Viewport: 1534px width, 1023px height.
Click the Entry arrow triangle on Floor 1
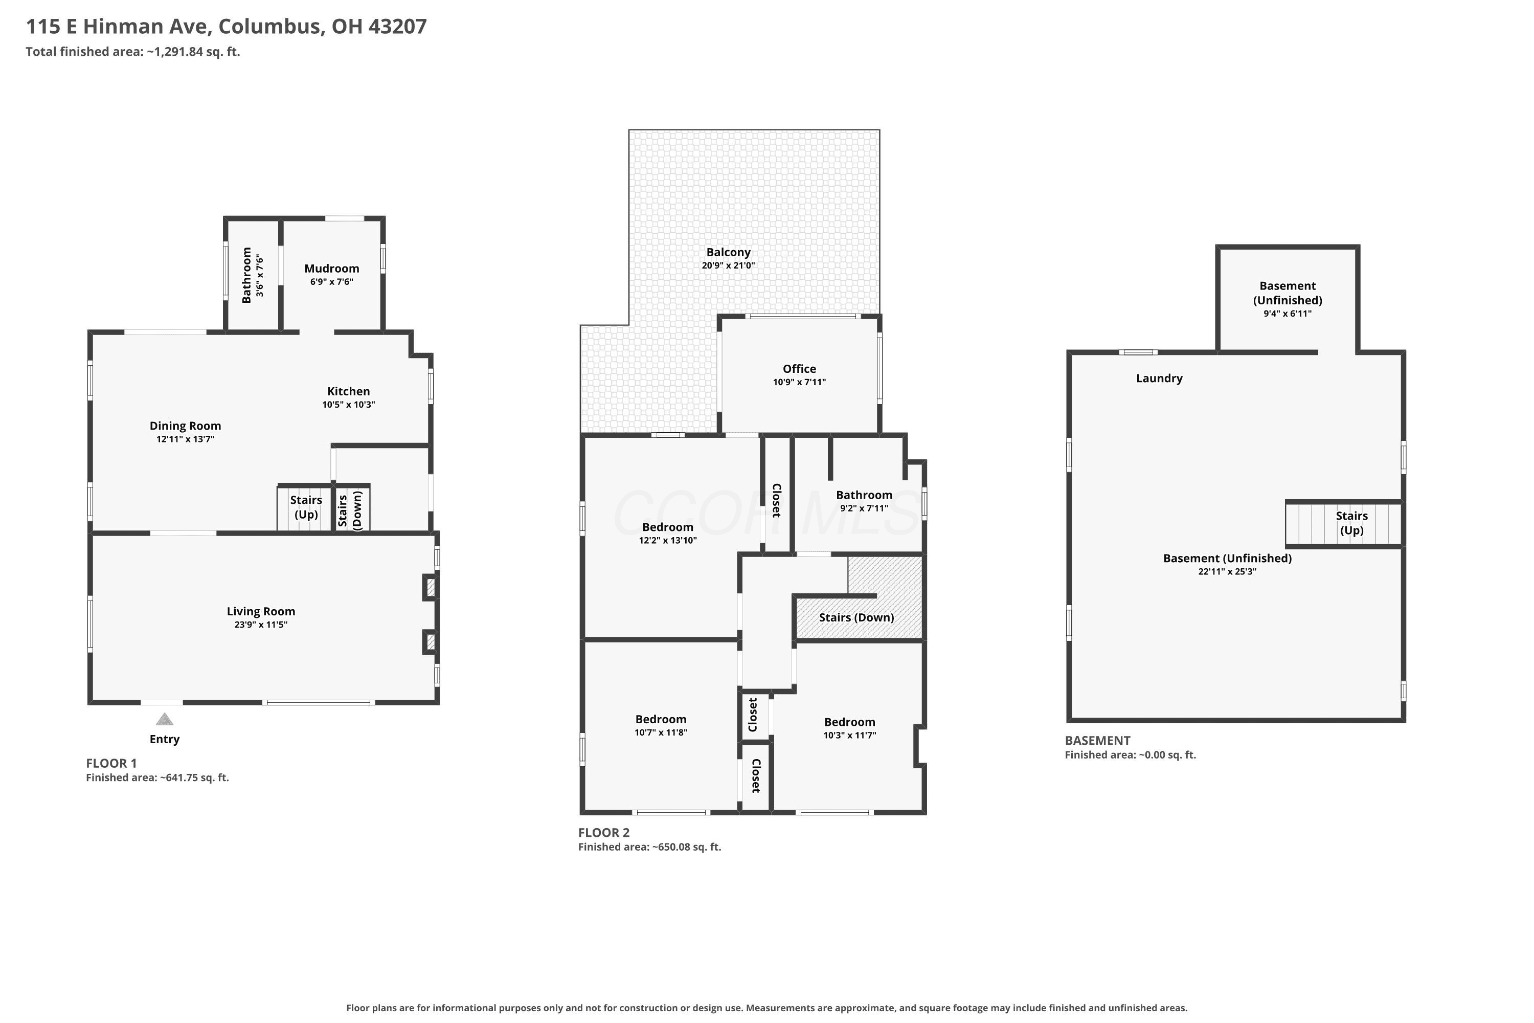click(x=164, y=719)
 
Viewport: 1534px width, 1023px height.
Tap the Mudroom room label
click(x=331, y=268)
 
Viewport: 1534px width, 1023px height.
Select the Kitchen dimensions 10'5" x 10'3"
click(x=348, y=405)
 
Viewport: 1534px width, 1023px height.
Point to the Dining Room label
click(x=185, y=426)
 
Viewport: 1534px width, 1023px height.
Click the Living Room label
click(x=261, y=611)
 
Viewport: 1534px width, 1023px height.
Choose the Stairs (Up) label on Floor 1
click(x=306, y=507)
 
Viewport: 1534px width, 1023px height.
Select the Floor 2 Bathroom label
click(x=864, y=495)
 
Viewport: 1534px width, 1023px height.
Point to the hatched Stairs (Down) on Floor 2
click(x=856, y=617)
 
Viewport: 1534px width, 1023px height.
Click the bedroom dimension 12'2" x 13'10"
click(x=668, y=540)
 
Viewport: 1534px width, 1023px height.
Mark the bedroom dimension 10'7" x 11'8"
click(x=661, y=732)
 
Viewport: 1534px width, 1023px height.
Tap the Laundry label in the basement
click(x=1159, y=379)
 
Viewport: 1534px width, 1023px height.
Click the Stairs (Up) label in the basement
click(x=1351, y=523)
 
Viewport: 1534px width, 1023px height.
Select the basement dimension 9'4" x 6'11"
click(x=1288, y=313)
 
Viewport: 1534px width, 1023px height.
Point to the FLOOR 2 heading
click(x=604, y=833)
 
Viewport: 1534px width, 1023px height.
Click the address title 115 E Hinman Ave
click(x=118, y=26)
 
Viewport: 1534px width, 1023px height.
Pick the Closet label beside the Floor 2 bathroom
click(x=777, y=500)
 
